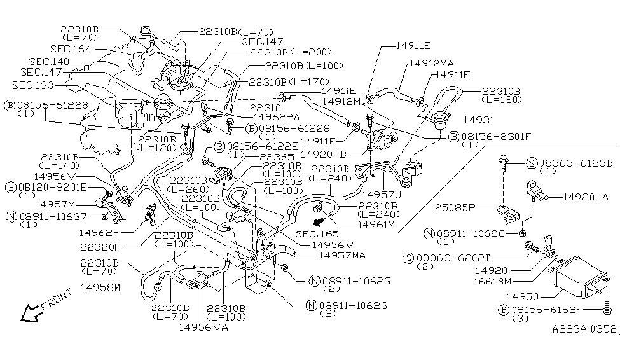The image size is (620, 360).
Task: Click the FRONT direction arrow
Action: [x=29, y=312]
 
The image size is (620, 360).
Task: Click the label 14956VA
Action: [x=202, y=328]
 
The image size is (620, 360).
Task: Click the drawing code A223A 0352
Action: [x=584, y=329]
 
